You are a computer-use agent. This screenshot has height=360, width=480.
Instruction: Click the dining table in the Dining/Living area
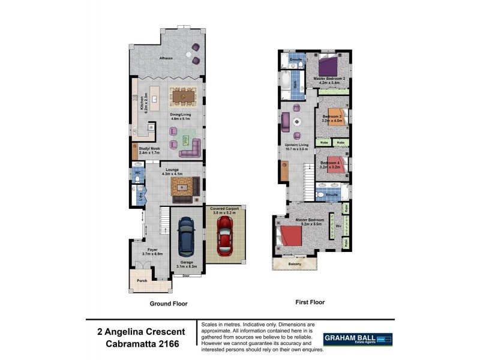pyautogui.click(x=183, y=96)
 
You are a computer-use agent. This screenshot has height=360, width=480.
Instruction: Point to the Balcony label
pyautogui.click(x=293, y=264)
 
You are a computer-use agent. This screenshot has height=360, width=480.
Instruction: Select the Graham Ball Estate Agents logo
pyautogui.click(x=358, y=340)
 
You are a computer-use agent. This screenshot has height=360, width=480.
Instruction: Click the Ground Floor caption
pyautogui.click(x=169, y=304)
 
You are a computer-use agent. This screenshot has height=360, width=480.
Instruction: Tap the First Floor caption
pyautogui.click(x=310, y=302)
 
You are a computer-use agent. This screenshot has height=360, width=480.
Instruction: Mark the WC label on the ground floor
pyautogui.click(x=137, y=173)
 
